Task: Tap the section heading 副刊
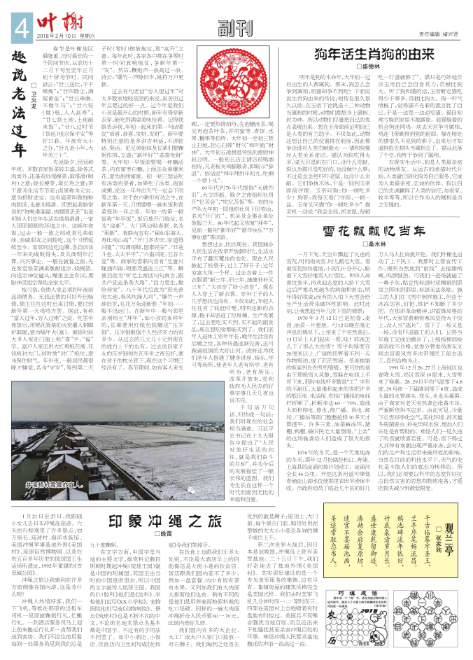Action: point(231,29)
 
